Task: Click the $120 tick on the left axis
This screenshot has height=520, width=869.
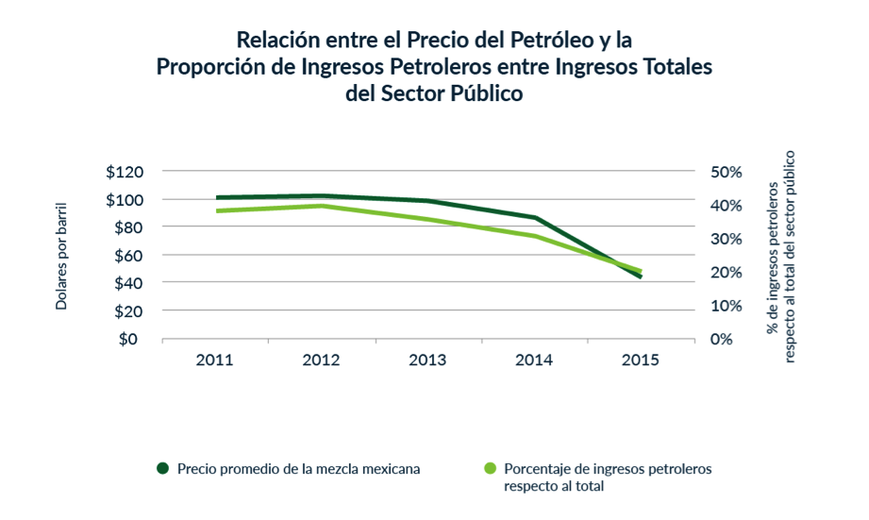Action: [125, 172]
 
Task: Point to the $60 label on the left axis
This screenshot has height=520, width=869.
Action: [127, 256]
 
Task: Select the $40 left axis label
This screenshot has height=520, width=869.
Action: [127, 283]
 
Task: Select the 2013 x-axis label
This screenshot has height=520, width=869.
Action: [427, 361]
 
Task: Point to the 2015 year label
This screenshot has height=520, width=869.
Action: [641, 361]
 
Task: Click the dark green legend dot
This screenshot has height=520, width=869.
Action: [162, 468]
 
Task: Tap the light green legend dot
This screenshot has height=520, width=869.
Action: [490, 468]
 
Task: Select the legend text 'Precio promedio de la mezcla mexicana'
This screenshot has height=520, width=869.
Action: [298, 468]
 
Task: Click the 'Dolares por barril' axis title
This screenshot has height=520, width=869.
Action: [61, 256]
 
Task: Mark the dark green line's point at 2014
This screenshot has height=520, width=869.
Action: [535, 218]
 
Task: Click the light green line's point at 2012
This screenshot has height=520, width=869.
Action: [322, 206]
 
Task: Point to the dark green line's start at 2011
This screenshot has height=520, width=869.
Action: [217, 198]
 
